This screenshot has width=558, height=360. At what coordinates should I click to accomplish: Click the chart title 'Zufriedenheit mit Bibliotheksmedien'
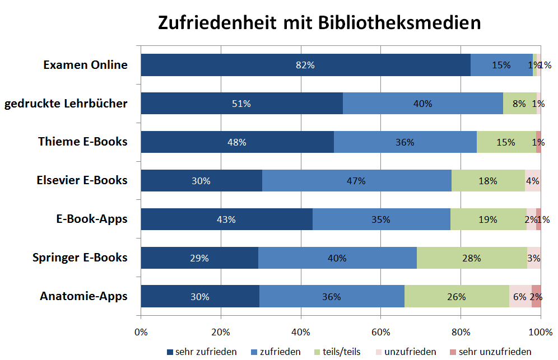[x=319, y=23]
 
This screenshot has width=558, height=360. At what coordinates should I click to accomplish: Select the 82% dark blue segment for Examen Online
[x=305, y=65]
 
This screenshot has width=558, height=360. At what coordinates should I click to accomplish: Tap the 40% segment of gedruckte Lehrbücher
[x=422, y=104]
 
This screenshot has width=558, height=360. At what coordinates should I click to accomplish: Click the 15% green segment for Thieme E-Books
[x=506, y=142]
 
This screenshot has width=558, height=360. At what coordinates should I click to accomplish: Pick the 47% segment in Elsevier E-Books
[x=356, y=181]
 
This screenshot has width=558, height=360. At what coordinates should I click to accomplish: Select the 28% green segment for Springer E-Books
[x=471, y=258]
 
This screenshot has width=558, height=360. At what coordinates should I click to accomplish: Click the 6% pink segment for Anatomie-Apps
[x=520, y=297]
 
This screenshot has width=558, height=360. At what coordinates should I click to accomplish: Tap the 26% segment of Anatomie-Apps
[x=457, y=297]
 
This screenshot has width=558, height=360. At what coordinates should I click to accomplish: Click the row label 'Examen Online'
[x=85, y=65]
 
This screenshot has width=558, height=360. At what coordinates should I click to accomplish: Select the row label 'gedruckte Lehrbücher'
[x=66, y=104]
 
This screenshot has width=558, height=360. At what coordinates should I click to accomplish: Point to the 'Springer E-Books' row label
[x=80, y=258]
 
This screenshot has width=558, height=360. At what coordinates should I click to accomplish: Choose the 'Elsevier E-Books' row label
[x=82, y=180]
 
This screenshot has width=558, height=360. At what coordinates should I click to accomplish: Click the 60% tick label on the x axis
[x=380, y=331]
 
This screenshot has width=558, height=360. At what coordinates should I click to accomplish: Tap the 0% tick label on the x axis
[x=141, y=331]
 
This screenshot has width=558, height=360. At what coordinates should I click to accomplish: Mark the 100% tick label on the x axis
[x=540, y=331]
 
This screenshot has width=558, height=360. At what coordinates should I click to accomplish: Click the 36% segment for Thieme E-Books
[x=405, y=142]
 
